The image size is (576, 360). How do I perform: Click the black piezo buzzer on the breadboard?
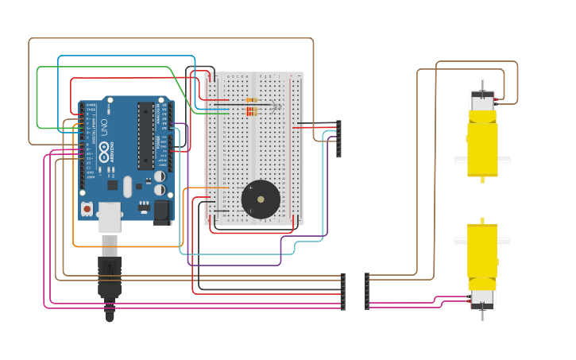[261, 199]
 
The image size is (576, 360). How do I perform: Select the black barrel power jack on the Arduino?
[162, 211]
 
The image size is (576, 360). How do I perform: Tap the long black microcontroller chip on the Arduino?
[145, 135]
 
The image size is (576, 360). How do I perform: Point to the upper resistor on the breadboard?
[252, 101]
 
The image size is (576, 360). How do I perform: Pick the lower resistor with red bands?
[252, 112]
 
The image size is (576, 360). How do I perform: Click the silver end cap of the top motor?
[482, 101]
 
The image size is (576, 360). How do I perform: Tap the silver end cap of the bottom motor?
[482, 299]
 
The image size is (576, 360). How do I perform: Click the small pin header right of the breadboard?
[338, 138]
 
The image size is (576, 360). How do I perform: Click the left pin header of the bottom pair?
[343, 292]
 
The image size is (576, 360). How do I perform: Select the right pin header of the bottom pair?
[366, 292]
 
